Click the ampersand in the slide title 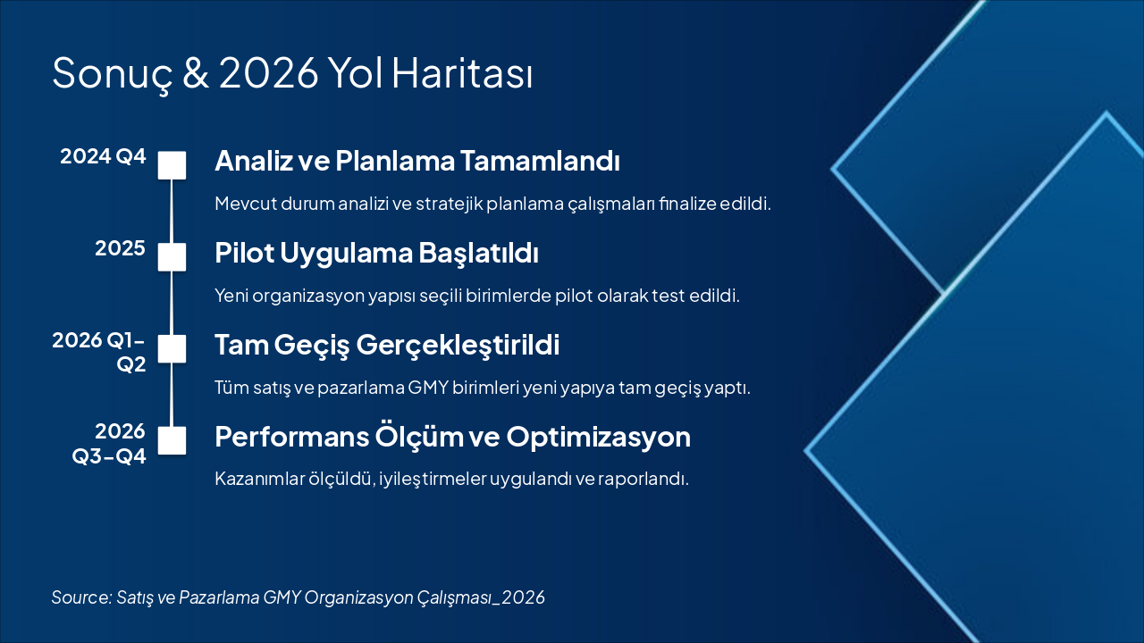196,72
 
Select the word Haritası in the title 462,72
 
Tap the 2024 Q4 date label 103,156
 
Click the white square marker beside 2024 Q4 172,165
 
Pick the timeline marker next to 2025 172,256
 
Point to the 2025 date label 121,248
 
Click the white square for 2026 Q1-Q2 172,348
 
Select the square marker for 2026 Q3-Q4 172,440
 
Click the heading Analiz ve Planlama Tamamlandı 417,161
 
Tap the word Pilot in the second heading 245,253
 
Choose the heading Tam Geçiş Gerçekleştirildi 387,346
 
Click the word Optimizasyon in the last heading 599,438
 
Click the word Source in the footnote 81,597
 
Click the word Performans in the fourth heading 292,438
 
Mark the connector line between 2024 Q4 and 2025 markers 172,212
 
